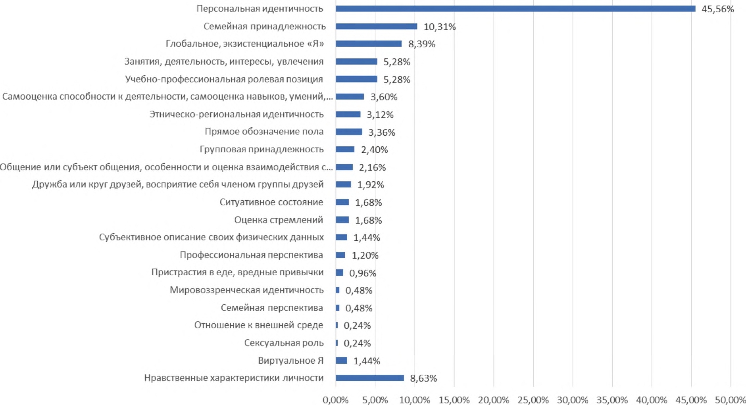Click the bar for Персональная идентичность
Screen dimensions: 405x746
[x=515, y=9]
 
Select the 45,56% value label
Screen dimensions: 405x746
[x=717, y=9]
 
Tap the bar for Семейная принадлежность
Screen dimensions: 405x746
[x=376, y=27]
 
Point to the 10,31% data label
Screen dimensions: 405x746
[x=439, y=27]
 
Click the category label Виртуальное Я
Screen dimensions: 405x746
[x=290, y=361]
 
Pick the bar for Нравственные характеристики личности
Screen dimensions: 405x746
[x=369, y=378]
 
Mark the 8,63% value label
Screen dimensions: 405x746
[x=423, y=378]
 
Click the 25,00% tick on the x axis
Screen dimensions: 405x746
[x=533, y=400]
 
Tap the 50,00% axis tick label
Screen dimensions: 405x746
[x=731, y=400]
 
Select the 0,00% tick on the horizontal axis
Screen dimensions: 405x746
[x=336, y=400]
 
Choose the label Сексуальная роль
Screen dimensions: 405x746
[x=284, y=343]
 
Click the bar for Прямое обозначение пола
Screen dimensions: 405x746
[x=349, y=132]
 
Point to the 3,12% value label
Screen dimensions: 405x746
[x=380, y=115]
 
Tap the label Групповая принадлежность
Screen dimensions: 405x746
[x=261, y=150]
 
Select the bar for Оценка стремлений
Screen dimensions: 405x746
[x=342, y=220]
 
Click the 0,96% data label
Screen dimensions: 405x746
[x=362, y=273]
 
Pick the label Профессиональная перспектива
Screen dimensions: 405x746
[x=251, y=255]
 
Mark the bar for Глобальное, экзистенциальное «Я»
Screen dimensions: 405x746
[x=369, y=44]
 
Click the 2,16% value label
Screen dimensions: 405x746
[x=372, y=167]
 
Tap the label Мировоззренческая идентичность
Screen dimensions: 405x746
[x=246, y=290]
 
